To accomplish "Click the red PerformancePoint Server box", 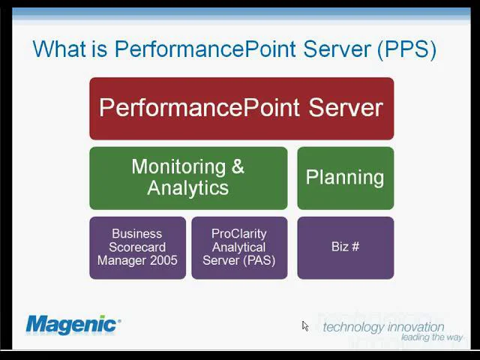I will tap(241, 108).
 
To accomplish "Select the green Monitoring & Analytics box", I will tap(187, 178).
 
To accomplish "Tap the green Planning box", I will tap(345, 178).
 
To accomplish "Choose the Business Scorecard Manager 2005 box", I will tap(137, 247).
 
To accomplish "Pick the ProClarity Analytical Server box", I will tap(238, 247).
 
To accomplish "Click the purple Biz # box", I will tap(345, 247).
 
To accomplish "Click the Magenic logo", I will tap(73, 324).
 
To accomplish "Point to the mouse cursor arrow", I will tap(305, 326).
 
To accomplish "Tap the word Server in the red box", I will tap(347, 107).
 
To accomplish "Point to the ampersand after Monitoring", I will tap(238, 166).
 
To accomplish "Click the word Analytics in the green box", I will tap(187, 188).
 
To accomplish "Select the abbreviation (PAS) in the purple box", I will tap(259, 260).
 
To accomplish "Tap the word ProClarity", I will tap(238, 234).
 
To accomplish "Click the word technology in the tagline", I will tap(352, 327).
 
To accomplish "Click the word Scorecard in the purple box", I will tap(137, 247).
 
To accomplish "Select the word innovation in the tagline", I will tap(415, 327).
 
